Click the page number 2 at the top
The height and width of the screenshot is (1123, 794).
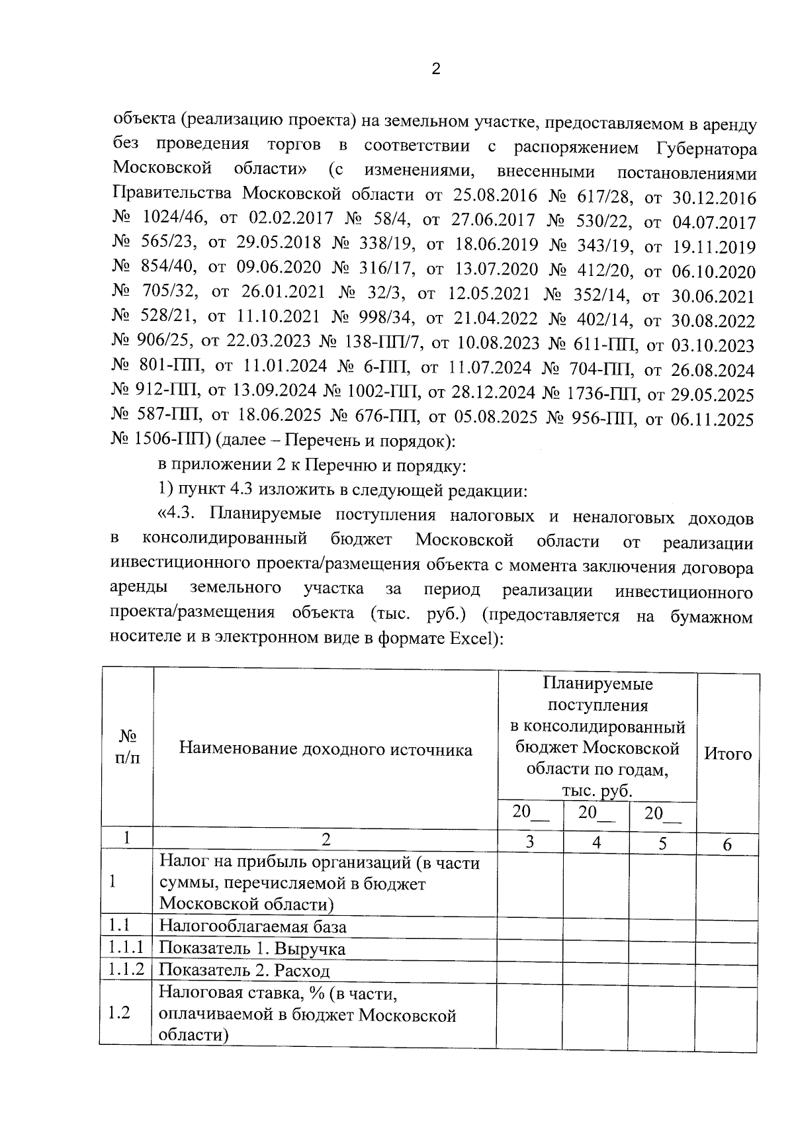tap(435, 69)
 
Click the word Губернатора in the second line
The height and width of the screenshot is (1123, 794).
tap(707, 148)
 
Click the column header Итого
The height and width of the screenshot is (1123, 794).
tap(728, 754)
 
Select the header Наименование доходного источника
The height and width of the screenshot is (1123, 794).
tap(326, 750)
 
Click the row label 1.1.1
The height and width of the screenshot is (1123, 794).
tap(126, 948)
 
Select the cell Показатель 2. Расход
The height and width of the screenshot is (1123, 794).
tap(245, 971)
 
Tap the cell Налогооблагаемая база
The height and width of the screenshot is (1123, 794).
tap(253, 926)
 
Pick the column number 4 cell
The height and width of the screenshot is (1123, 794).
tap(596, 842)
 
